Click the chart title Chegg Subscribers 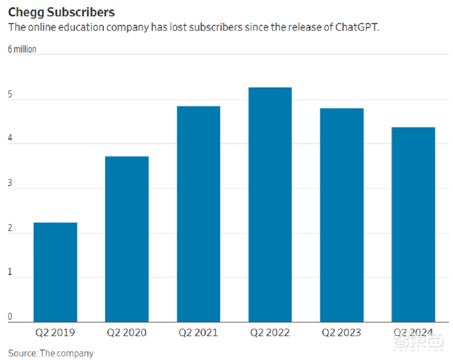(x=61, y=12)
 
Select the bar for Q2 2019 (x=55, y=272)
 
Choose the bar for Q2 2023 (x=342, y=215)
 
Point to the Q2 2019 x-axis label (x=55, y=333)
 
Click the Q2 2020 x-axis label (x=127, y=333)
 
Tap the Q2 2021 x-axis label (x=198, y=333)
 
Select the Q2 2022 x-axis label (x=270, y=333)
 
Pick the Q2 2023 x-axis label (x=342, y=333)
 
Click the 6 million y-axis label (x=22, y=49)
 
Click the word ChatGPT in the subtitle (x=356, y=27)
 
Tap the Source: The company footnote (x=51, y=353)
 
